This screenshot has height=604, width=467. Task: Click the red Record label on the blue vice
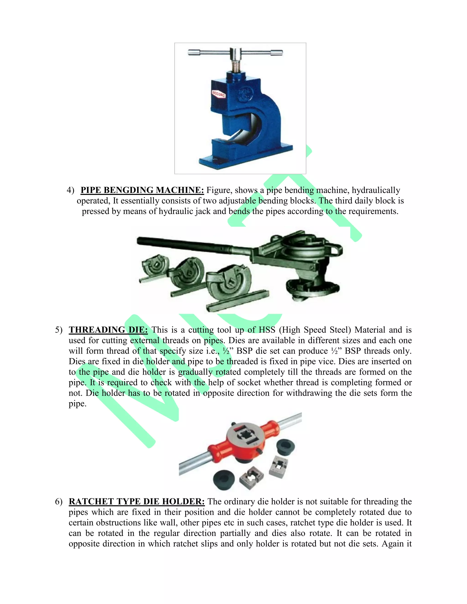click(218, 94)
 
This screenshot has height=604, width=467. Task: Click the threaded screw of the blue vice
click(235, 67)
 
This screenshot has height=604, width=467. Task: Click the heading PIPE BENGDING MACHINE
click(142, 190)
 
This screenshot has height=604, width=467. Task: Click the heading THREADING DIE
click(108, 330)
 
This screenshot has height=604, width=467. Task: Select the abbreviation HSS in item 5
click(267, 330)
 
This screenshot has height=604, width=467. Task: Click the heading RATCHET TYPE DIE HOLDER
click(137, 502)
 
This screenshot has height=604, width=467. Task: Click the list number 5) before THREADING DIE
click(59, 330)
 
